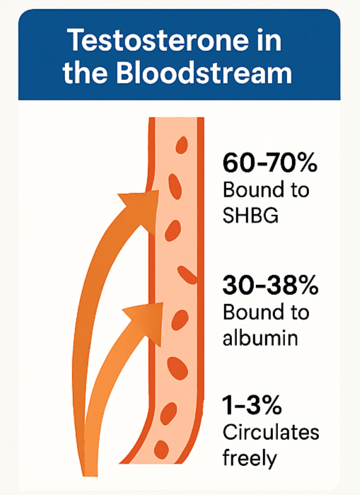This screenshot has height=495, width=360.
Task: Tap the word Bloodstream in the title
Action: [x=204, y=73]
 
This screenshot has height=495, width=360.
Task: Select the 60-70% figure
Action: [x=269, y=163]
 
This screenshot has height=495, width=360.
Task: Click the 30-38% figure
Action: [x=270, y=285]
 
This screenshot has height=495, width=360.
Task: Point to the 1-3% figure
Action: [x=252, y=405]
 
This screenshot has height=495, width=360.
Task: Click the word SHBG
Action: [x=250, y=216]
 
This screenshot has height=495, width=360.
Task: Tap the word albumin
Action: [x=260, y=338]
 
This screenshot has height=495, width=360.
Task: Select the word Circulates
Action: [x=271, y=433]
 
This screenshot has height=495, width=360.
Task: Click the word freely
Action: [x=250, y=458]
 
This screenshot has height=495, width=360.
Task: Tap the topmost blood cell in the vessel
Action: [x=182, y=145]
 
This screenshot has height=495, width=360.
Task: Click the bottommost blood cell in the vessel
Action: [x=161, y=448]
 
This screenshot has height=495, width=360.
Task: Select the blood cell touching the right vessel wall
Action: [x=188, y=275]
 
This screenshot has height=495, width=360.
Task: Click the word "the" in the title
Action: [x=85, y=73]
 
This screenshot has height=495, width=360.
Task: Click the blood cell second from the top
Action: [x=175, y=186]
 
